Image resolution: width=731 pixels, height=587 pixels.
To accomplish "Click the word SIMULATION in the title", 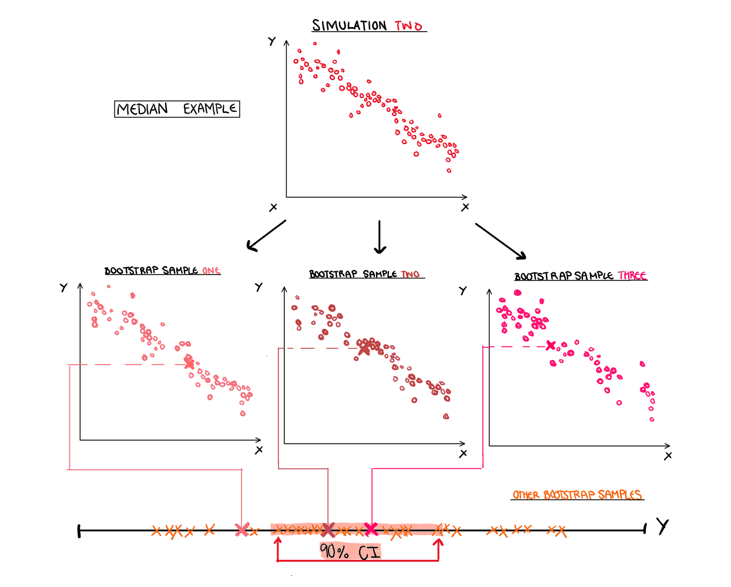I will pyautogui.click(x=349, y=26).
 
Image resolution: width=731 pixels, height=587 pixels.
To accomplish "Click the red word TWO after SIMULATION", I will pyautogui.click(x=408, y=26).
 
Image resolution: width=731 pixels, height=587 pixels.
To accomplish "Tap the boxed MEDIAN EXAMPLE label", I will pyautogui.click(x=177, y=109).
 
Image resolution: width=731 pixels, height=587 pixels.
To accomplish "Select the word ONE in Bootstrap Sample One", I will pyautogui.click(x=211, y=271).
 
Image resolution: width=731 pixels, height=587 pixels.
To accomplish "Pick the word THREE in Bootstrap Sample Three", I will pyautogui.click(x=632, y=275).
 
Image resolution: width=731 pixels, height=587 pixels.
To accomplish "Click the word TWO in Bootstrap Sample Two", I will pyautogui.click(x=410, y=274).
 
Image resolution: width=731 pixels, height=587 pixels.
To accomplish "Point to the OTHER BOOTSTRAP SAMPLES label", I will pyautogui.click(x=577, y=495).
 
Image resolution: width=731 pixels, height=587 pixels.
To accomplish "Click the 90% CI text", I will pyautogui.click(x=350, y=551).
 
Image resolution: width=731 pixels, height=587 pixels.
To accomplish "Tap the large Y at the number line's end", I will pyautogui.click(x=663, y=526).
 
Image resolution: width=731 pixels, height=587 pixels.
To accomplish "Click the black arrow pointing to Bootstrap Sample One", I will pyautogui.click(x=266, y=236).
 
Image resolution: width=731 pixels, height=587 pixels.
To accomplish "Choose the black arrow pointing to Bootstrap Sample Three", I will pyautogui.click(x=501, y=241).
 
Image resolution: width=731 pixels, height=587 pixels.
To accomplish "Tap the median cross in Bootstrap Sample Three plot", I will pyautogui.click(x=551, y=345).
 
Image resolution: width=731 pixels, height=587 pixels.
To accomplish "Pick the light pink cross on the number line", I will pyautogui.click(x=242, y=530).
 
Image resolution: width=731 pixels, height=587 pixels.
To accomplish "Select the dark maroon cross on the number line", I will pyautogui.click(x=328, y=530).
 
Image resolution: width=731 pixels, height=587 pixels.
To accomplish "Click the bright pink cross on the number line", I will pyautogui.click(x=371, y=529).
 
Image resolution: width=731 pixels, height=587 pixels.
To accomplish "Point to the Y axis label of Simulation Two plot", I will pyautogui.click(x=271, y=41).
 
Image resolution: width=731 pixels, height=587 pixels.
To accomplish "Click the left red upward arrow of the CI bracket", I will pyautogui.click(x=278, y=548).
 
